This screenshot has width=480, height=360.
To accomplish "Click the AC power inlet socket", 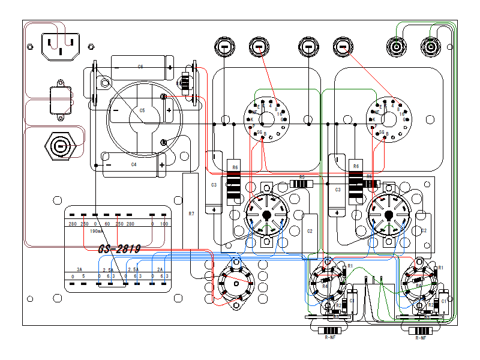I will click(x=60, y=46).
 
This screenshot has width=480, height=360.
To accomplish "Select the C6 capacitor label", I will click(x=140, y=67).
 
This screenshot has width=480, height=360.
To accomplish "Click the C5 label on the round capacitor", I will click(x=142, y=111).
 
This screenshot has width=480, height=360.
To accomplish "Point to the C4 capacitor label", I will click(x=134, y=164).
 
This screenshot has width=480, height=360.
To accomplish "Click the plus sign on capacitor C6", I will click(x=170, y=67).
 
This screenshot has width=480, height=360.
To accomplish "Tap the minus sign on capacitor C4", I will click(x=109, y=164).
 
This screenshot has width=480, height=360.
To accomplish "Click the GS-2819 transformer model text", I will click(x=119, y=249).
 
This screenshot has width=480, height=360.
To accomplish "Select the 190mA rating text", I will click(x=96, y=231).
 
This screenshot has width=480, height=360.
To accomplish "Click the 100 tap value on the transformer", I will click(x=164, y=224).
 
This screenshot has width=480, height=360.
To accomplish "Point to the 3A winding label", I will click(x=79, y=269).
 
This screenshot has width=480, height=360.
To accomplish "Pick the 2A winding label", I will click(x=160, y=269).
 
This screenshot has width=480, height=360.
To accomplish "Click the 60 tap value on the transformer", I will click(x=107, y=224).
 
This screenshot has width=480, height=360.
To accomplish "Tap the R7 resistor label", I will click(x=191, y=214).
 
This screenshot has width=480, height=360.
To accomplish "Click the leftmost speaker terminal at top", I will click(x=224, y=47).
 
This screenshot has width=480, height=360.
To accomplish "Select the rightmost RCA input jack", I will click(x=430, y=46).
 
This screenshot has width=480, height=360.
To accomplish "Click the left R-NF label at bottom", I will click(x=330, y=338).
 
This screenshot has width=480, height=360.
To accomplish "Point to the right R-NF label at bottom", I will click(x=422, y=338).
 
